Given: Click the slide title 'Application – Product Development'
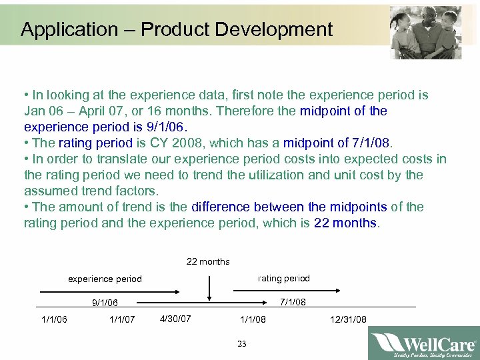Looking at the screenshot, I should (176, 29).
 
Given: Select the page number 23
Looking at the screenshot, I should (241, 344).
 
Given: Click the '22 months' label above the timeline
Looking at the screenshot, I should (208, 261).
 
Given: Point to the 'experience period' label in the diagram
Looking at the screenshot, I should (105, 279).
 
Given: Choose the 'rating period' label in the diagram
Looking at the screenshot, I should (283, 278).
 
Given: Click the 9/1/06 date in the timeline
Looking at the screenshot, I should (105, 303).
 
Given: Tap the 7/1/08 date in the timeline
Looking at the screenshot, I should (292, 302).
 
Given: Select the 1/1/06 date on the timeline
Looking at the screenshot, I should (54, 319).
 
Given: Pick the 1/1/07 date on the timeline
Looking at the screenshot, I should (122, 319).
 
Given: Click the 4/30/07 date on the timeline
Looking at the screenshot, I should (175, 318).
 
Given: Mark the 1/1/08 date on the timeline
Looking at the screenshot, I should (253, 319).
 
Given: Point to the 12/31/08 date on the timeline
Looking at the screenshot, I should (348, 319).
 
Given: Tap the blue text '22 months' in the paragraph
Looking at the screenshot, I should (345, 223).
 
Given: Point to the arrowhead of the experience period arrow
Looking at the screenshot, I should (179, 291).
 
